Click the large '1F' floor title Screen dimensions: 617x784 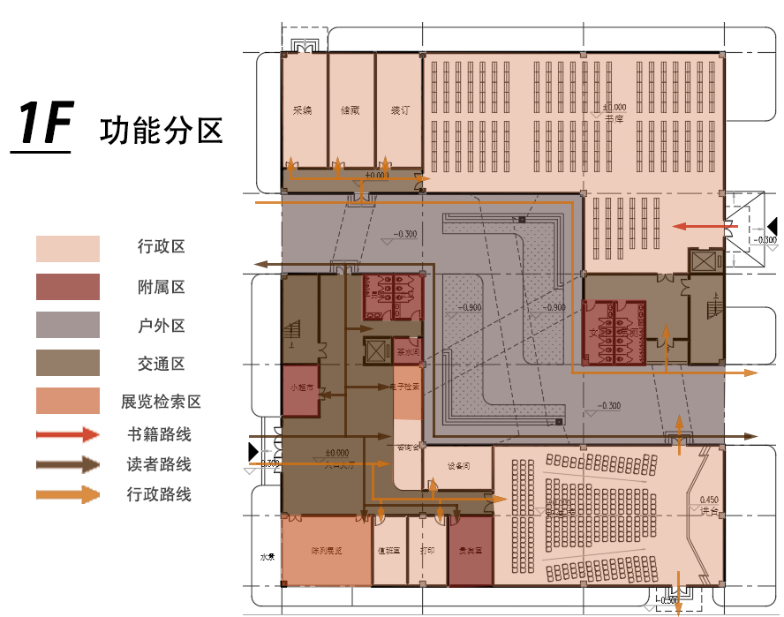tap(41, 124)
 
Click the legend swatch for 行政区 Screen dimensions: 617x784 tap(67, 249)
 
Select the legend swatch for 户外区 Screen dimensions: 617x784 tap(67, 325)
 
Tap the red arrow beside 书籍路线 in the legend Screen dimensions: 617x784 tap(67, 434)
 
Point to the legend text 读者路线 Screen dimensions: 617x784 tap(159, 464)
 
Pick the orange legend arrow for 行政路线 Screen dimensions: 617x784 tap(67, 494)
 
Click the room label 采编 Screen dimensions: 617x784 tap(303, 111)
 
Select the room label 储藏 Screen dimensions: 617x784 tap(350, 111)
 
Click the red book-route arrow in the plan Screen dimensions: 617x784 tap(703, 226)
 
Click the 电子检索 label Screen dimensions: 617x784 tap(406, 387)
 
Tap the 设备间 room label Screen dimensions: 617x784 tap(457, 466)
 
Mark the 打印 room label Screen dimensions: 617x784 tap(427, 551)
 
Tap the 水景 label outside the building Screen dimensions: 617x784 tap(267, 558)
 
